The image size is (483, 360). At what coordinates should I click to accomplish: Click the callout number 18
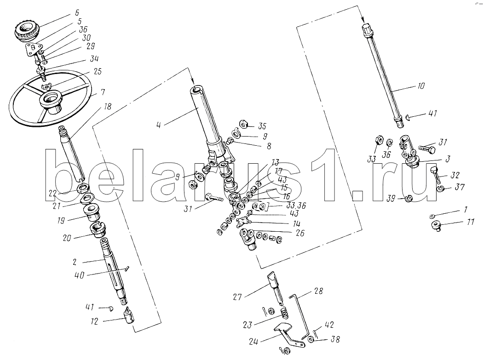(x=108, y=107)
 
